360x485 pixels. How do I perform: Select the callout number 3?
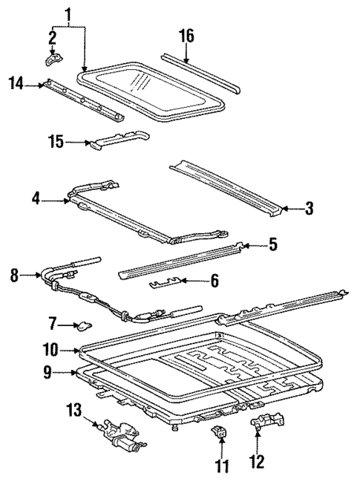pyautogui.click(x=309, y=210)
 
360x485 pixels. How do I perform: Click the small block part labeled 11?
pyautogui.click(x=220, y=434)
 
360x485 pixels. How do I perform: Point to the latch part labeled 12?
pyautogui.click(x=261, y=426)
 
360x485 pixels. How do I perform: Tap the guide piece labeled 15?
pyautogui.click(x=119, y=140)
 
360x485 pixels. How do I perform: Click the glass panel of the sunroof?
pyautogui.click(x=152, y=86)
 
